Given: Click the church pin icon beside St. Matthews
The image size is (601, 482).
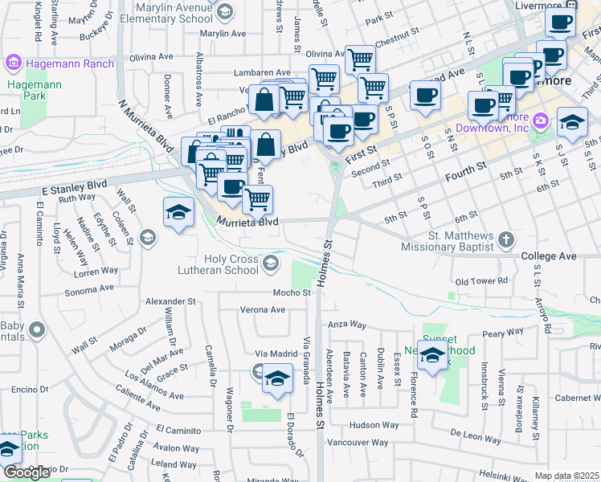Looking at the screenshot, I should pyautogui.click(x=505, y=239).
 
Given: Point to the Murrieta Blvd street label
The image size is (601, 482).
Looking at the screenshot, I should pyautogui.click(x=247, y=220).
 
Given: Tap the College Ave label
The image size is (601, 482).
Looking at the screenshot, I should pyautogui.click(x=549, y=256).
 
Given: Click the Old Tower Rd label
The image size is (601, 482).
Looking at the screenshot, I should pyautogui.click(x=481, y=282).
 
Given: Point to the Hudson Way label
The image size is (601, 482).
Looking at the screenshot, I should pyautogui.click(x=374, y=424).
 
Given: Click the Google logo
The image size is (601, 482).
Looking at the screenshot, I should pyautogui.click(x=27, y=472).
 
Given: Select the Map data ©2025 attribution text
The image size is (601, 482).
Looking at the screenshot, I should pyautogui.click(x=567, y=476).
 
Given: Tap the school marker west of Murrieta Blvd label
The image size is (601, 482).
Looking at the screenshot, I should pyautogui.click(x=178, y=212).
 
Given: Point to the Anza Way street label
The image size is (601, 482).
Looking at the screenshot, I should pyautogui.click(x=347, y=325).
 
